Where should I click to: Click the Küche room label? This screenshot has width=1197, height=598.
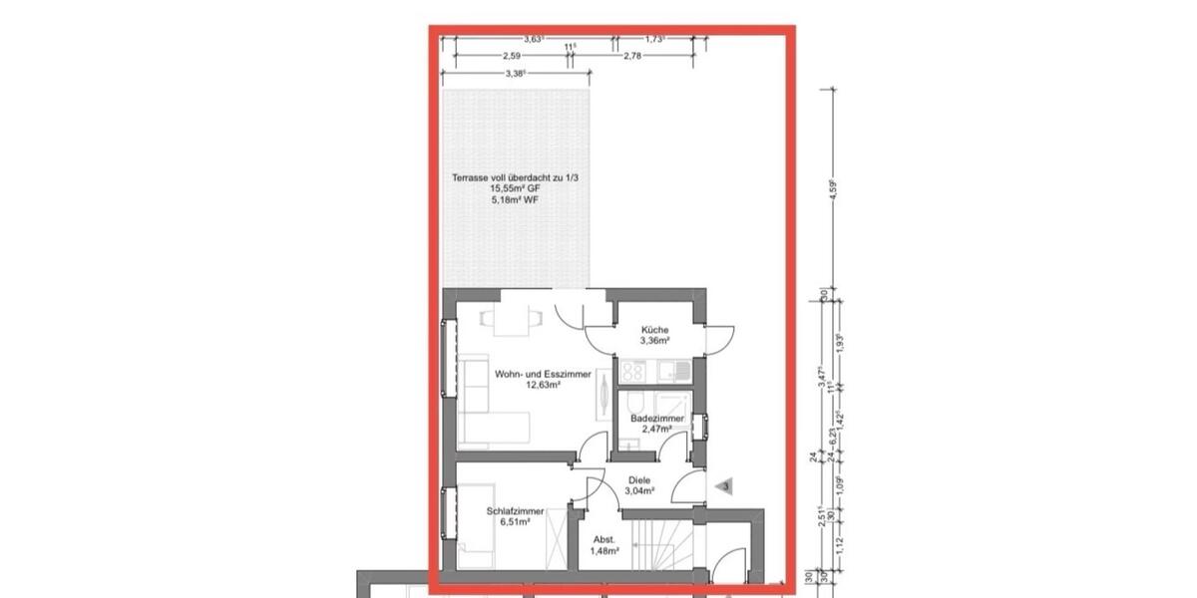point(655,330)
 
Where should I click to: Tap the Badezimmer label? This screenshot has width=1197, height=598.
point(657,419)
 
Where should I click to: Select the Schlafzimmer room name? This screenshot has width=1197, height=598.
point(515,511)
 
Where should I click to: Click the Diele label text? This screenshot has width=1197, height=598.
point(639,479)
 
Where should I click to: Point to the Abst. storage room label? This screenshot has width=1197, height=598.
point(604,539)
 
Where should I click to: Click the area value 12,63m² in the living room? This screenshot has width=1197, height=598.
point(543,384)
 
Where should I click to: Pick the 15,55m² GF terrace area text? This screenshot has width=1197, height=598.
point(514,188)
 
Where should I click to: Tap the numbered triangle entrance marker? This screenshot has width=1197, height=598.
point(725,486)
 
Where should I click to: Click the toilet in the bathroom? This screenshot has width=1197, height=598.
point(636,403)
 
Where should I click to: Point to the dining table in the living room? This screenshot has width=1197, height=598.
point(512,319)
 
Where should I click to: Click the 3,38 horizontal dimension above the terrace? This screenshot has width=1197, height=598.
point(515,74)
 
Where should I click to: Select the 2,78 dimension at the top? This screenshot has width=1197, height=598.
point(631,57)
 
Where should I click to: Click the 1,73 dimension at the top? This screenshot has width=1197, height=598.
point(654,39)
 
